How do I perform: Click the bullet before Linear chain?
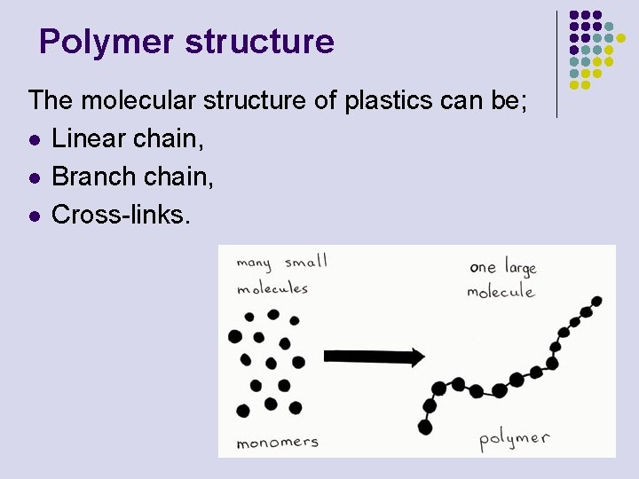pyautogui.click(x=34, y=140)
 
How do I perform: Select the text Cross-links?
pyautogui.click(x=121, y=215)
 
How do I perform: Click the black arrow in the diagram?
pyautogui.click(x=374, y=357)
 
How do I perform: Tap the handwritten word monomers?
pyautogui.click(x=277, y=442)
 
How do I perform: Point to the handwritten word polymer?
pyautogui.click(x=514, y=438)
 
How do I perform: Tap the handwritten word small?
pyautogui.click(x=306, y=263)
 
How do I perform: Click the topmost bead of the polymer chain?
pyautogui.click(x=597, y=301)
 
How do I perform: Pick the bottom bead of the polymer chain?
pyautogui.click(x=425, y=428)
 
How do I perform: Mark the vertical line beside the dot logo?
pyautogui.click(x=556, y=64)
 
